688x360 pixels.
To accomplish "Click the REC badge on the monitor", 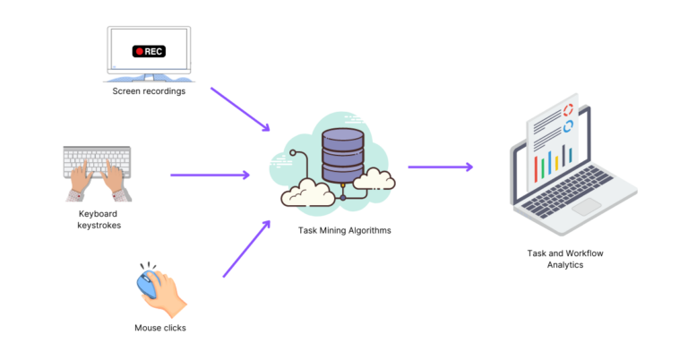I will (x=150, y=51).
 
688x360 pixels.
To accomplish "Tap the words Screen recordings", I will (x=149, y=90).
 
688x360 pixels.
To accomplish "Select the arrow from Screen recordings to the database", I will (x=239, y=109).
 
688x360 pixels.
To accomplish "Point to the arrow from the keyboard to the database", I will (x=210, y=175).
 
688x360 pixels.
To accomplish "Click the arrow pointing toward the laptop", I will (x=440, y=167).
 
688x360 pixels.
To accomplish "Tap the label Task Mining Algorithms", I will (x=344, y=231).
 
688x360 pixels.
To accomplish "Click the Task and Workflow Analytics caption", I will (x=564, y=259).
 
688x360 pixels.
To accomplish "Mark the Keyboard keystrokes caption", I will (x=99, y=219).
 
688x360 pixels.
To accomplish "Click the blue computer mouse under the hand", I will (x=147, y=285).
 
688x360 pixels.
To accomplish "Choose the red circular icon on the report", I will (x=568, y=110).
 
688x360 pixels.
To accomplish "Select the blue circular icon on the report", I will (x=568, y=125).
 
